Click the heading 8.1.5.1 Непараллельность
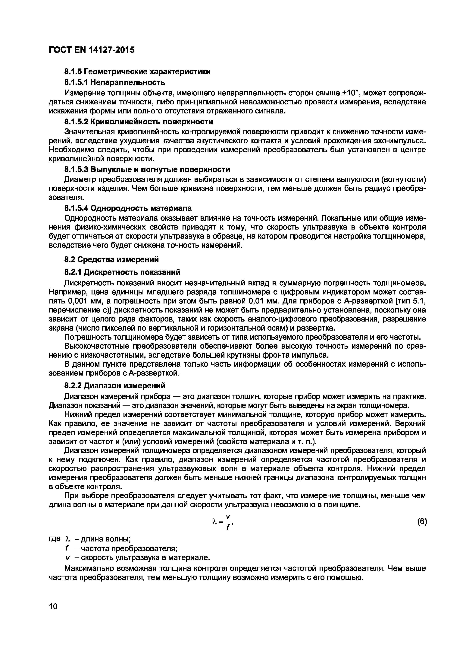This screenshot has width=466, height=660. pos(114,82)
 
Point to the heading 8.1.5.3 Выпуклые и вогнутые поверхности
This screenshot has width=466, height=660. pos(147,169)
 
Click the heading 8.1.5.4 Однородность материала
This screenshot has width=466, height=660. pos(128,208)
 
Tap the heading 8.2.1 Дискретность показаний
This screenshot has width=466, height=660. pos(122,272)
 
